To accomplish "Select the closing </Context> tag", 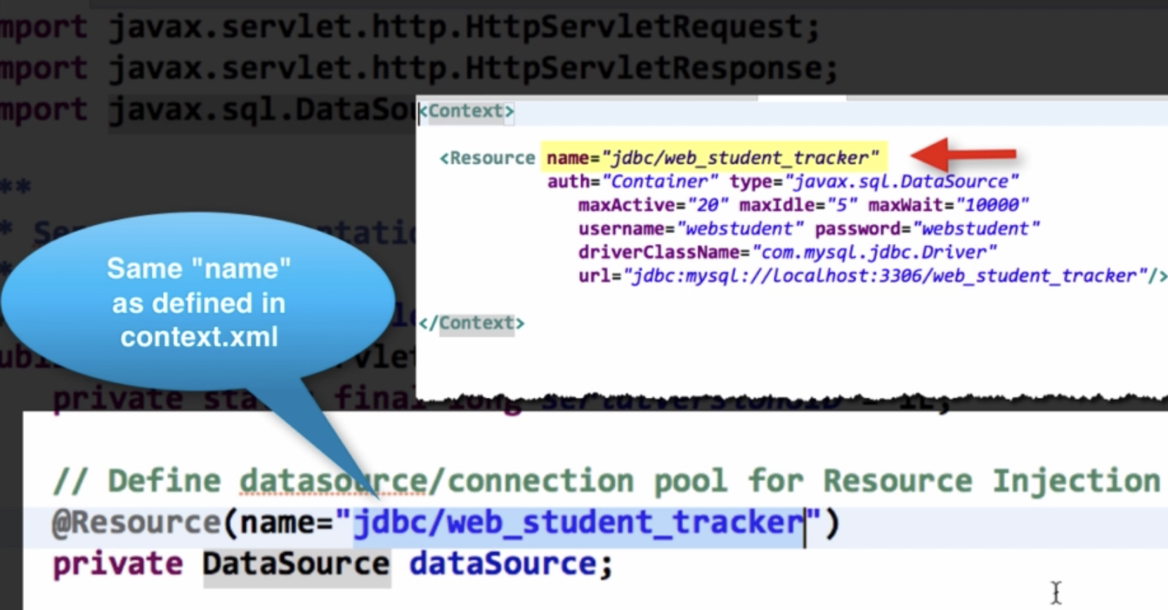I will [472, 323].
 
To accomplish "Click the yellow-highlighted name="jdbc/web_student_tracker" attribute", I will [713, 157].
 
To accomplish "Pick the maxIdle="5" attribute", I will [798, 205].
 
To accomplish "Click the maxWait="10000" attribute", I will [948, 205].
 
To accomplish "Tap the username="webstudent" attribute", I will [690, 229].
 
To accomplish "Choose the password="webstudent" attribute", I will [927, 229].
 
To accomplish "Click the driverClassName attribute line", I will [787, 252].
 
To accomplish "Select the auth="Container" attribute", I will [632, 181].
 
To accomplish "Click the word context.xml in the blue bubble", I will [199, 337].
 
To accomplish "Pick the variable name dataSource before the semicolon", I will [503, 564].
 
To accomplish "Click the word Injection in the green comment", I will [1076, 481].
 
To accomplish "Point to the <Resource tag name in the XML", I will [488, 158].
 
